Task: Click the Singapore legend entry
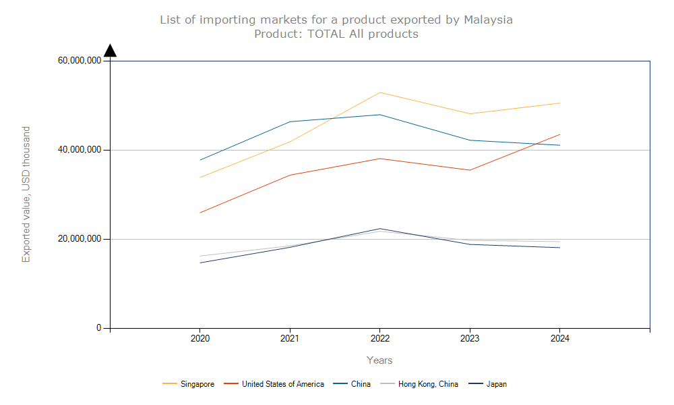coord(197,384)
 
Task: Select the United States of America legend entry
coord(282,384)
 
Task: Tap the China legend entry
coord(361,384)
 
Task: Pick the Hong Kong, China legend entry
coord(427,384)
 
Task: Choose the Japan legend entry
coord(496,384)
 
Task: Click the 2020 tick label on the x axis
coord(200,339)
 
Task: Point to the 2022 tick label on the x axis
coord(379,339)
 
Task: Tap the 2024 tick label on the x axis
coord(559,339)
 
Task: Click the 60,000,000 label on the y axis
coord(80,61)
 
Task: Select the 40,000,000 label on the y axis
coord(80,150)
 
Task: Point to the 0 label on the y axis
coord(98,328)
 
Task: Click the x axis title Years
coord(379,360)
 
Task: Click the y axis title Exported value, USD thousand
coord(26,194)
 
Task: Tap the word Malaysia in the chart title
coord(488,20)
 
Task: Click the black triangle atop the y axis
coord(110,51)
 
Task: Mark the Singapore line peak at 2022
coord(379,92)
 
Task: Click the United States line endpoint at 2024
coord(559,134)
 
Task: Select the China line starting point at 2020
coord(200,160)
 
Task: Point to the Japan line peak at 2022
coord(379,229)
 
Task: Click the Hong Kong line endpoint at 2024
coord(559,242)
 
